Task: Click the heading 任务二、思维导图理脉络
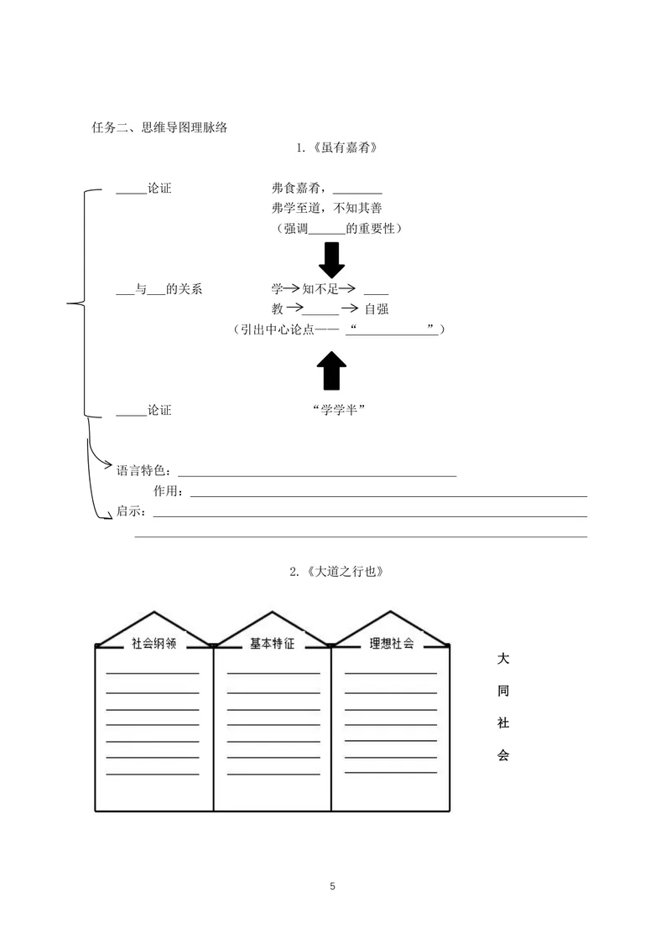click(x=159, y=127)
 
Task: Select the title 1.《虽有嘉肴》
click(x=336, y=148)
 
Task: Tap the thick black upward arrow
click(x=331, y=370)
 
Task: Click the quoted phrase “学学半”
click(x=340, y=410)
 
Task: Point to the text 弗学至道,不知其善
click(x=327, y=209)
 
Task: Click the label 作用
click(x=166, y=491)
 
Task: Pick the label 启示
click(x=129, y=510)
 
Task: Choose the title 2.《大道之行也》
click(x=336, y=572)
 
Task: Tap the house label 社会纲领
click(x=153, y=644)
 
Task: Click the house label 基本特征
click(x=273, y=644)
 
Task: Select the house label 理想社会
click(x=392, y=644)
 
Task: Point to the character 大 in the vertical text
click(x=503, y=659)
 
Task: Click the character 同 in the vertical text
click(x=503, y=691)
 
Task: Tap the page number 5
click(x=332, y=886)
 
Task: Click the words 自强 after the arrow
click(x=377, y=309)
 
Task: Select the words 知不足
click(x=320, y=289)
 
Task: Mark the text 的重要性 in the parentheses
click(x=370, y=229)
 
